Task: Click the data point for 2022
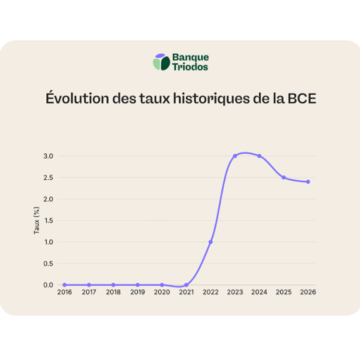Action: pos(211,242)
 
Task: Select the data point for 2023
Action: pos(235,156)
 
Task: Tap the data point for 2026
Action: pos(308,182)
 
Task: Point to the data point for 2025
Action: pos(284,177)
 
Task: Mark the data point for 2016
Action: pos(64,285)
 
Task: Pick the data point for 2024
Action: pos(259,156)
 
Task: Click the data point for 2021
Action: pos(186,285)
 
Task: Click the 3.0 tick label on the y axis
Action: pos(48,156)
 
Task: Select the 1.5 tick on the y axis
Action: pos(49,221)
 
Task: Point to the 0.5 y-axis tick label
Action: pos(48,264)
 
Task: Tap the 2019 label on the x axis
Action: pos(137,292)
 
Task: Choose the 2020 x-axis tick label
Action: pos(162,292)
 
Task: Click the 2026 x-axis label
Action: pos(308,292)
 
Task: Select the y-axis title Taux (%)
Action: pos(36,221)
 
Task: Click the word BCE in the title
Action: pos(302,99)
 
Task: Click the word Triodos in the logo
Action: pos(191,67)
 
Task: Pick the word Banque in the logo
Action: pos(191,57)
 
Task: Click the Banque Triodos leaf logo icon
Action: pos(161,62)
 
